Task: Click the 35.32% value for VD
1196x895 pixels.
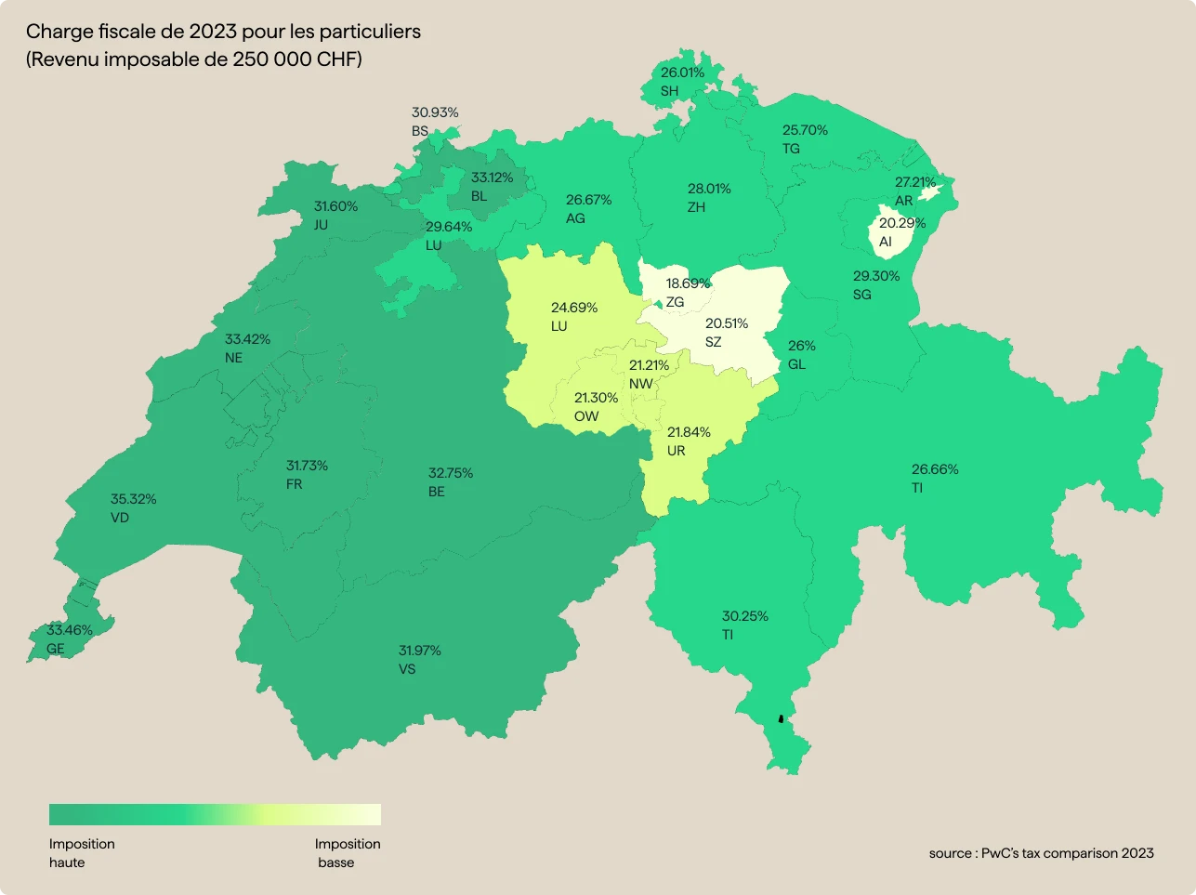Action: point(133,499)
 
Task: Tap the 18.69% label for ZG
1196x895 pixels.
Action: point(688,283)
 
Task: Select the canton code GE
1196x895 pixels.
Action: point(56,649)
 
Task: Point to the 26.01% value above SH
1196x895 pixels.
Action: point(682,72)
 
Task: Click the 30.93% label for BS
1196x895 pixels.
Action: point(435,112)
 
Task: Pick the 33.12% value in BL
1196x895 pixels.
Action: point(492,178)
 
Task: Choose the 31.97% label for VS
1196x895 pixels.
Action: point(420,651)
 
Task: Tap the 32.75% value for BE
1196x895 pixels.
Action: point(451,473)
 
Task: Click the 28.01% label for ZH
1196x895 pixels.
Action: point(709,189)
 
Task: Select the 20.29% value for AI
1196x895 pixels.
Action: point(902,223)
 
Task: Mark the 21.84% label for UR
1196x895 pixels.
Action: point(689,432)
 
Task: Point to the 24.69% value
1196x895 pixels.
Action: point(574,308)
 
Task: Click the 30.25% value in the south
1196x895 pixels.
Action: point(745,616)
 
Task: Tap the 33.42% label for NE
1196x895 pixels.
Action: point(247,339)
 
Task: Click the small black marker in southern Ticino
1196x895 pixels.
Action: point(781,718)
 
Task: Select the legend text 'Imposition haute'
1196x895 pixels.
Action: point(82,853)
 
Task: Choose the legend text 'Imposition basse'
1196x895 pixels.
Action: point(347,853)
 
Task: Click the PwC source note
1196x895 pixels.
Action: point(1041,853)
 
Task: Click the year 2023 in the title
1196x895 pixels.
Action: point(213,32)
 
